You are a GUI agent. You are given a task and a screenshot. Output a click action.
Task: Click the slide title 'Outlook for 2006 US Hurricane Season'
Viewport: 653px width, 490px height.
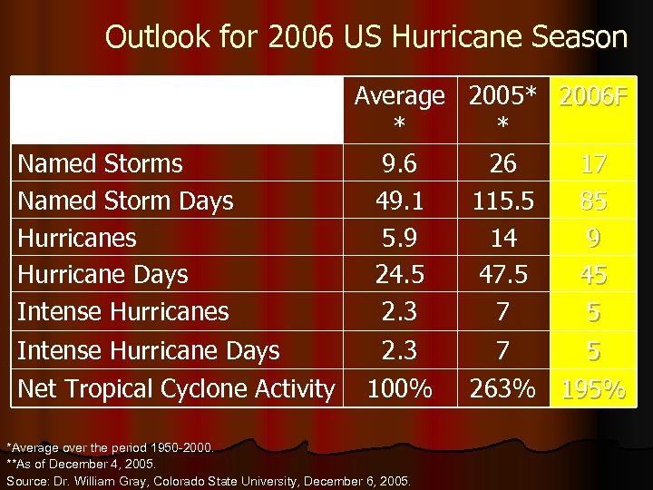tap(366, 37)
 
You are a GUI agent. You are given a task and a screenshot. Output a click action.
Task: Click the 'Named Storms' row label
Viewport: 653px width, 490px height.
tap(100, 164)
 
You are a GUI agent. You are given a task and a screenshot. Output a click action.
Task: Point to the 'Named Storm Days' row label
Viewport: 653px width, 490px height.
tap(125, 201)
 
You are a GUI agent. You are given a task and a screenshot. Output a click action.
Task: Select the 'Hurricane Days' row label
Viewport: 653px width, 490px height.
tap(102, 275)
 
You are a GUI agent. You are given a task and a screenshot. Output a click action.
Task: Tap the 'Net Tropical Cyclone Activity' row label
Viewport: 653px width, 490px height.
tap(176, 389)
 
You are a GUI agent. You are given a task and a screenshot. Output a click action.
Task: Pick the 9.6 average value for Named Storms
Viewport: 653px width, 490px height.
tap(399, 164)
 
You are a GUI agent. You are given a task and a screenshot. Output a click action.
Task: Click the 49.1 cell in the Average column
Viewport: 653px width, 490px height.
tap(399, 201)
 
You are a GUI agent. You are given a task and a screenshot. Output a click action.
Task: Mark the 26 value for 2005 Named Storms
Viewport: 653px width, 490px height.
tap(502, 164)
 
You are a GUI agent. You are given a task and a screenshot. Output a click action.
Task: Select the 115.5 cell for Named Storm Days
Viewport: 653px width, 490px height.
tap(502, 201)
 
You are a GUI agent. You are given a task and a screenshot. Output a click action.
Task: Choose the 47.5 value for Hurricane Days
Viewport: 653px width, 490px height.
tap(502, 275)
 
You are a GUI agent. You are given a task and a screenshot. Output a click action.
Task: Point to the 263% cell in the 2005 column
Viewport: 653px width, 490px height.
tap(502, 389)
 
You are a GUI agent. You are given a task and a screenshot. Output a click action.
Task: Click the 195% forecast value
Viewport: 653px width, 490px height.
tap(593, 390)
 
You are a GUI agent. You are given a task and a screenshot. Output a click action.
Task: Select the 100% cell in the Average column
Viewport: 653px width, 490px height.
tap(399, 389)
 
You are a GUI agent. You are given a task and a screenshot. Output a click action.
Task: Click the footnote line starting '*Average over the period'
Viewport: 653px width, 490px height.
tap(111, 446)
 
